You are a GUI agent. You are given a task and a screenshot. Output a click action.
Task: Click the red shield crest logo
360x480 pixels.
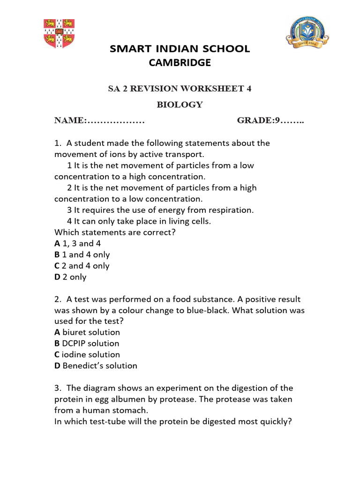click(59, 34)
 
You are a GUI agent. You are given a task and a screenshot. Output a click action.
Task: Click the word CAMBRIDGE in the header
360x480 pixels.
click(180, 62)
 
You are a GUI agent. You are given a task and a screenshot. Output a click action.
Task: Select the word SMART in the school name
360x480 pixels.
click(127, 49)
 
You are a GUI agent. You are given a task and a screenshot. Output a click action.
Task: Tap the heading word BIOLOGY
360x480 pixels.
click(180, 105)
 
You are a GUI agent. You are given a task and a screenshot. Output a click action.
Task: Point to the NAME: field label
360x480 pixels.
click(70, 120)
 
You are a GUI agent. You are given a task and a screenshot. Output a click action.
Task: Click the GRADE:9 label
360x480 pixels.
click(258, 120)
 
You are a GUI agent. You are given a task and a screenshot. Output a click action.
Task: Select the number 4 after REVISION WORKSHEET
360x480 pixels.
click(248, 89)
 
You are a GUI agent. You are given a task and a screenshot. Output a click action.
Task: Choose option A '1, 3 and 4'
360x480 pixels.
click(78, 243)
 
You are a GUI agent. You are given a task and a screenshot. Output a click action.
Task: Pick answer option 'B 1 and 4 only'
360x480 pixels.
click(82, 255)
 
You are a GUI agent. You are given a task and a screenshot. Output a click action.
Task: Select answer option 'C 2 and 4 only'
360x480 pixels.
click(82, 266)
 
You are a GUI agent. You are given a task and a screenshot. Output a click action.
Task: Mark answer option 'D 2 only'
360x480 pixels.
click(70, 277)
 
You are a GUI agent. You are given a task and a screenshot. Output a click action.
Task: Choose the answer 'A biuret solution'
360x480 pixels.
click(87, 332)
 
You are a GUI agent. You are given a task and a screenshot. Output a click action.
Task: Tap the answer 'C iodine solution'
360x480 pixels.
click(87, 355)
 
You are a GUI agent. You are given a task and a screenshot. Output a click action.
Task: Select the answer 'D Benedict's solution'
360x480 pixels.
click(96, 366)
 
